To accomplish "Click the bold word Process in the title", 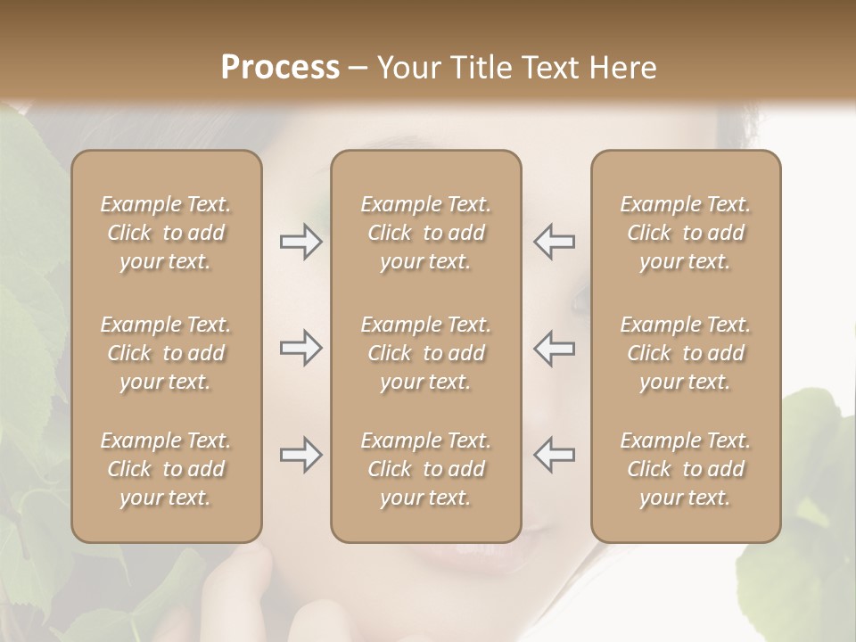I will (x=280, y=68).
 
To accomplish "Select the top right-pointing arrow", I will (x=300, y=242).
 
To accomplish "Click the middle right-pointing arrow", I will (x=300, y=348).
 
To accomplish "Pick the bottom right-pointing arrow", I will (x=300, y=455).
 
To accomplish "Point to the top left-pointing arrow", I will (x=554, y=242).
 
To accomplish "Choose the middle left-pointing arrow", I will (x=554, y=348).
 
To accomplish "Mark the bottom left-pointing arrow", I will (x=554, y=455).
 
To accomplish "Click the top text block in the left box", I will (x=166, y=233).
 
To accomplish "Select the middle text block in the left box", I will (x=166, y=353).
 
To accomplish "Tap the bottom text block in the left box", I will (x=166, y=469).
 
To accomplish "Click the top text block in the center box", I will (x=425, y=233).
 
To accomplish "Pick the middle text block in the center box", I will (x=425, y=353).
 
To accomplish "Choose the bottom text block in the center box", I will (x=425, y=469).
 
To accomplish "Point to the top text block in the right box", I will (x=685, y=233).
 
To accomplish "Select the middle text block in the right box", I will (x=685, y=353).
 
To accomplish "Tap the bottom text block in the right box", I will (x=685, y=469).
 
